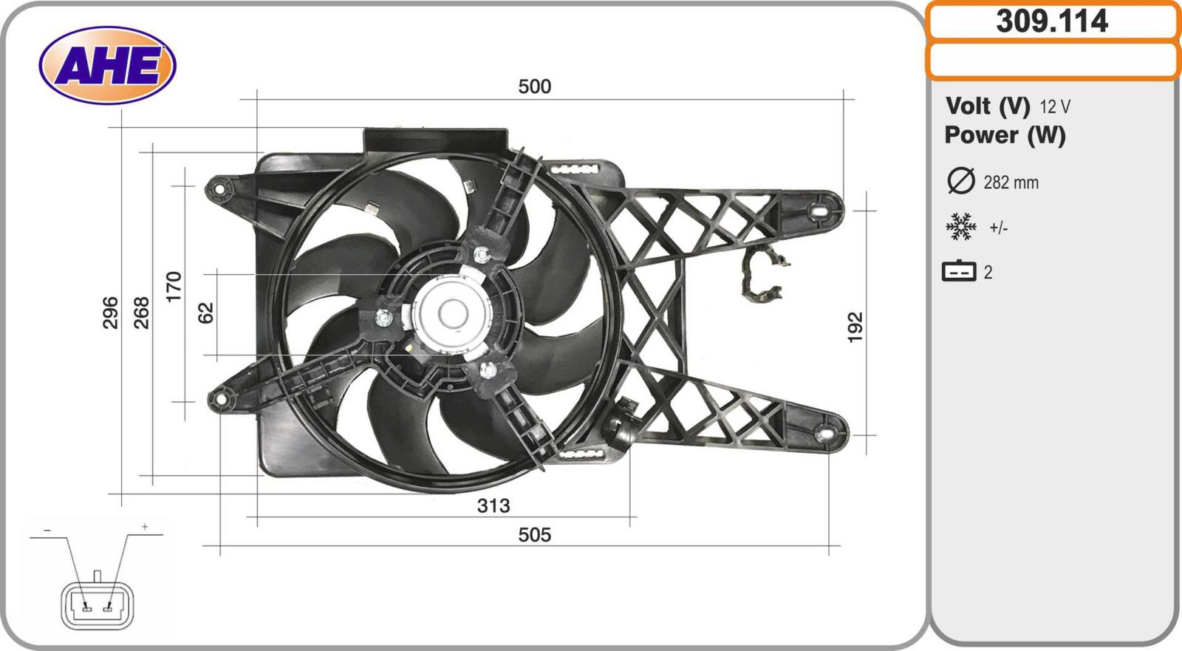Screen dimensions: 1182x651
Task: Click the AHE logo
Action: pyautogui.click(x=108, y=66)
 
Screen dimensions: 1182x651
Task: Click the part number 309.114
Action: pyautogui.click(x=1052, y=21)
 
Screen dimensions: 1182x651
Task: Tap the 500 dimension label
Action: pyautogui.click(x=535, y=86)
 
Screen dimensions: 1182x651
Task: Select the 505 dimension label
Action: pyautogui.click(x=535, y=535)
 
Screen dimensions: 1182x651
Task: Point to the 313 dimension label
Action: pyautogui.click(x=493, y=506)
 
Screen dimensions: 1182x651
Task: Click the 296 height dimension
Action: pyautogui.click(x=111, y=313)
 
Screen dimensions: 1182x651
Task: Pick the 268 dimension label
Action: pyautogui.click(x=141, y=313)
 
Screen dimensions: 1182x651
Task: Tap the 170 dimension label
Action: pyautogui.click(x=174, y=287)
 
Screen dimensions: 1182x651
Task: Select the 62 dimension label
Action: pyautogui.click(x=206, y=313)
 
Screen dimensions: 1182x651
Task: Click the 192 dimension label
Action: pyautogui.click(x=855, y=327)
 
